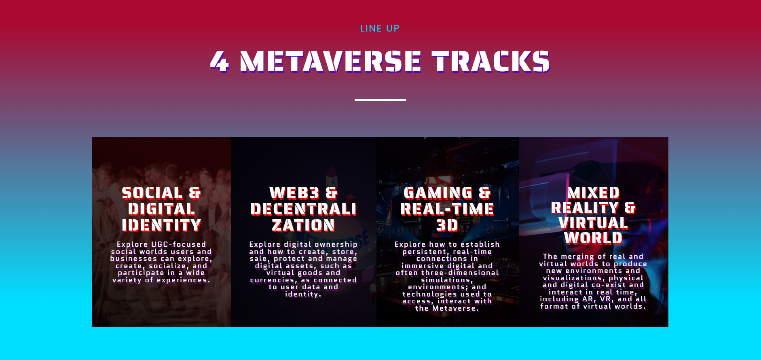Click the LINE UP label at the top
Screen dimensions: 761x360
click(380, 28)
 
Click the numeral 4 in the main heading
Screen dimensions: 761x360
click(220, 61)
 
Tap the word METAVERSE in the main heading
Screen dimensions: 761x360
click(330, 61)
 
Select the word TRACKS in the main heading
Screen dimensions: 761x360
click(491, 61)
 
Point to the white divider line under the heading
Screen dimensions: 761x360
click(380, 100)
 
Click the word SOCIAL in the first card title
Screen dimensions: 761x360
click(152, 193)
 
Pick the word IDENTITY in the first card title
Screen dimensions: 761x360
click(162, 225)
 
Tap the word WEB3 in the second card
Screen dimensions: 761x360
click(294, 193)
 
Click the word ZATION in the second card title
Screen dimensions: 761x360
click(303, 225)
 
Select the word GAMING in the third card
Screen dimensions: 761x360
click(438, 193)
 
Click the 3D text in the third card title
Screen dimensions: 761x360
click(447, 225)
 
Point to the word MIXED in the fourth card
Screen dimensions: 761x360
click(593, 193)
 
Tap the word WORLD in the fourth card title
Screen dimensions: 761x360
click(593, 238)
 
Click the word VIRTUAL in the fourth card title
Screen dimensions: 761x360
click(593, 223)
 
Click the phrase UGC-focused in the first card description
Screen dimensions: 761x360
click(178, 244)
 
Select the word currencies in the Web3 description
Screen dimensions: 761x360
click(273, 280)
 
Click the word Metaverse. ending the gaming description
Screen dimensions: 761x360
click(455, 308)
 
